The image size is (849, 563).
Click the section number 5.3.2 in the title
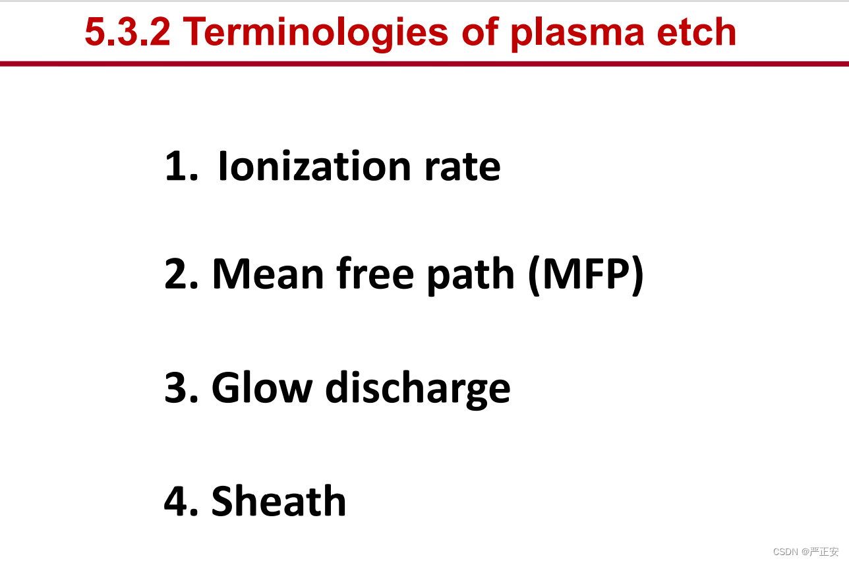coord(128,32)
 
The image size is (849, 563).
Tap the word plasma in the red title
coord(577,34)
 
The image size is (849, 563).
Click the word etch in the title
coord(697,32)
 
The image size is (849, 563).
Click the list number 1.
coord(181,165)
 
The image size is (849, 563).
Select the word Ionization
coord(314,165)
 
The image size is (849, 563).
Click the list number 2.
coord(181,274)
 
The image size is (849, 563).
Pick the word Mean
coord(268,274)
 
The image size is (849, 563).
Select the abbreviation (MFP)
coord(586,276)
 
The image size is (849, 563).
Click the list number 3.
coord(181,388)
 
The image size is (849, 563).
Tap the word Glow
coord(262,387)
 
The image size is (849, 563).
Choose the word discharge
coord(418,390)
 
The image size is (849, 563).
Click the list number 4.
coord(181,501)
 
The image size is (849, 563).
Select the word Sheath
coord(279,500)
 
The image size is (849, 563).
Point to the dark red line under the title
coord(424,64)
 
